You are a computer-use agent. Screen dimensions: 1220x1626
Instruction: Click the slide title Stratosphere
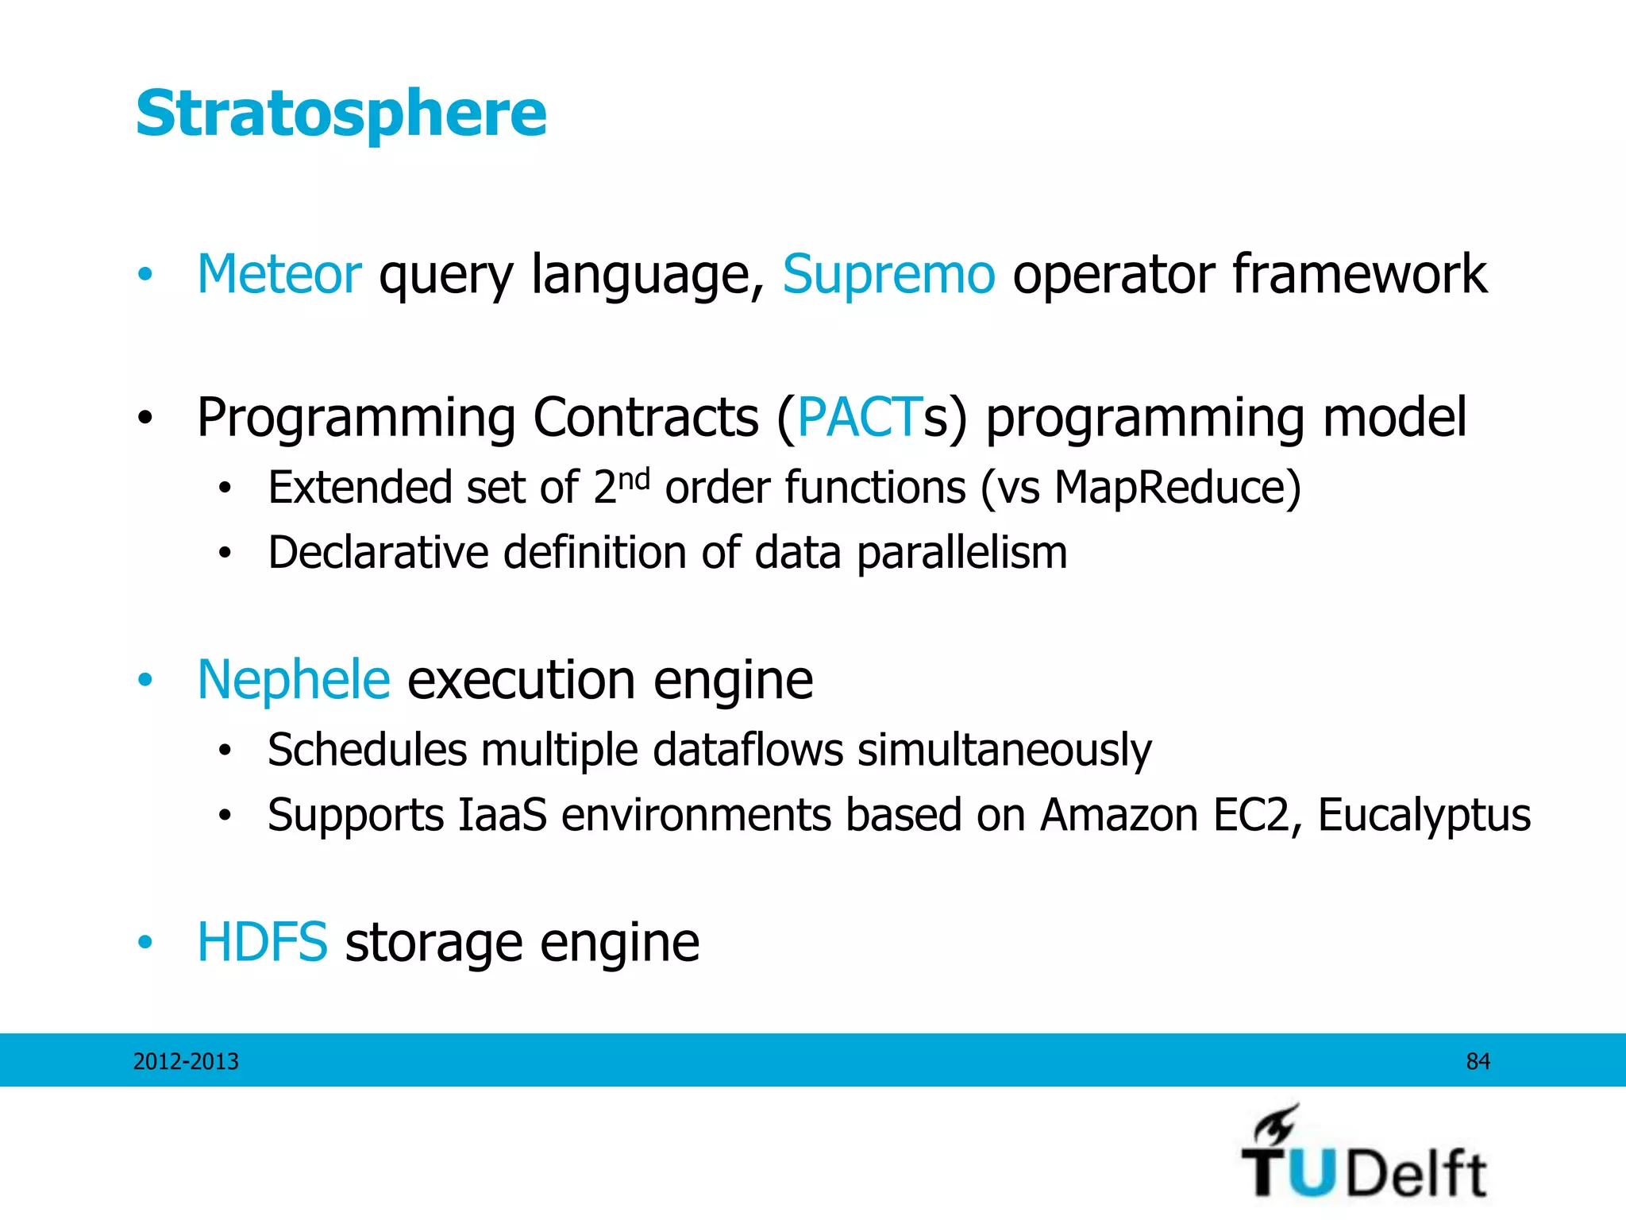[x=341, y=114]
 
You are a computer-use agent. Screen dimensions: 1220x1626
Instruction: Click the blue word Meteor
[x=279, y=274]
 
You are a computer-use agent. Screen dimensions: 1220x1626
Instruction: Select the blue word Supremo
[x=888, y=274]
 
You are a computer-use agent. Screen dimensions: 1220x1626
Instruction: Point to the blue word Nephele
[x=294, y=680]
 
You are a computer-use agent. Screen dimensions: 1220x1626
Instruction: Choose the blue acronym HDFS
[x=262, y=942]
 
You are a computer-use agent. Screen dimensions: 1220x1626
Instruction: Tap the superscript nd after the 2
[x=634, y=479]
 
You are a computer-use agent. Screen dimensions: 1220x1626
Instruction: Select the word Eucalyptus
[x=1424, y=815]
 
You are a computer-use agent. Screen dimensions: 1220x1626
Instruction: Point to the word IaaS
[x=502, y=815]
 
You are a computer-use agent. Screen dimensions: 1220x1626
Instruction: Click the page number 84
[x=1478, y=1061]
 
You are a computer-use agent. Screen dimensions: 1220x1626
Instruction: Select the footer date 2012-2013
[x=186, y=1061]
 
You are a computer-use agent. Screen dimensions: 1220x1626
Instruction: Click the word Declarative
[x=378, y=553]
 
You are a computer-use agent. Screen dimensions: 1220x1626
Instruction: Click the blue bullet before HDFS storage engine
[x=144, y=942]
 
